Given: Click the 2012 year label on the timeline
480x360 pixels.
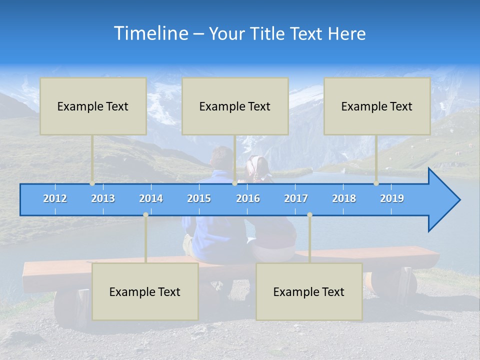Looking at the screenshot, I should [x=55, y=198].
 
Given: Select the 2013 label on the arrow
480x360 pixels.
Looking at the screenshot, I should [x=103, y=198].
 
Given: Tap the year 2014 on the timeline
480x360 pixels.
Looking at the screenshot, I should [x=151, y=198].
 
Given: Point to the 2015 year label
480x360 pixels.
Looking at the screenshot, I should [x=199, y=198].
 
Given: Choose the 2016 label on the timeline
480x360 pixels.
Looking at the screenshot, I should [x=248, y=198].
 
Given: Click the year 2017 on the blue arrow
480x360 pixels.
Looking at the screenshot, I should [x=296, y=198].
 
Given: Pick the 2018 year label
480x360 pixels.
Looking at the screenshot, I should [x=344, y=198].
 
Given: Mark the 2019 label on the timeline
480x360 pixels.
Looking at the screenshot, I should [x=392, y=198].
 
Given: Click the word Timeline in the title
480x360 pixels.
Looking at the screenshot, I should [x=151, y=33].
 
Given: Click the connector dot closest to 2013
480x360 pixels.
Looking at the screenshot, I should [x=92, y=183].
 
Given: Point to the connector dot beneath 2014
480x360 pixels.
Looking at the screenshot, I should [x=145, y=215].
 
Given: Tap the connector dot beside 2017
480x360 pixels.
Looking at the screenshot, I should [x=309, y=215].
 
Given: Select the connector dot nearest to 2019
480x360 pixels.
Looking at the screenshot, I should [x=376, y=183].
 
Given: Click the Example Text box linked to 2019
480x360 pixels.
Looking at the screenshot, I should [x=377, y=106].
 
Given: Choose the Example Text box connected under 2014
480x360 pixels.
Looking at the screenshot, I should [x=145, y=292].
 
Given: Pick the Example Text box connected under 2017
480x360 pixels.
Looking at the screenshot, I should [x=309, y=292].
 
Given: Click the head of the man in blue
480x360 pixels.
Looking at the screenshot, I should [x=221, y=157].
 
